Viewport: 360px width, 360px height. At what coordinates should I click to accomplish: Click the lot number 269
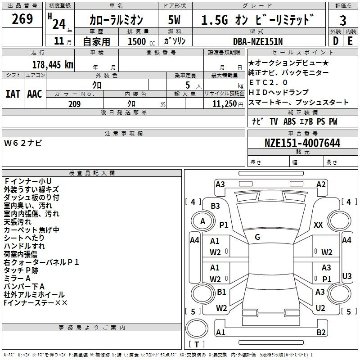[x=22, y=19]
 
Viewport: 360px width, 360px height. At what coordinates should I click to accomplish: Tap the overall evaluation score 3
[x=343, y=21]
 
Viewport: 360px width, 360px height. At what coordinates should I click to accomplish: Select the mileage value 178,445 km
[x=53, y=65]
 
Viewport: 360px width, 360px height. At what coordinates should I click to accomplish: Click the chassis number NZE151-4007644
[x=302, y=143]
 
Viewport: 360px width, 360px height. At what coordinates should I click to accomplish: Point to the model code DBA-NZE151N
[x=258, y=41]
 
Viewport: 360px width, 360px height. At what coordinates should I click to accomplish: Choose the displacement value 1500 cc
[x=141, y=41]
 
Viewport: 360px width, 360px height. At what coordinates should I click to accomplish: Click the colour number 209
[x=74, y=104]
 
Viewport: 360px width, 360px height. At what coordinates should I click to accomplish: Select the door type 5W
[x=174, y=20]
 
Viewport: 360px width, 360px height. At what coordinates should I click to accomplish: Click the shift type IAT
[x=13, y=94]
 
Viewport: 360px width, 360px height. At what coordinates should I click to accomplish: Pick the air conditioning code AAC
[x=35, y=94]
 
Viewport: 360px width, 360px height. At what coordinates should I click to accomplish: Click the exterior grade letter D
[x=336, y=41]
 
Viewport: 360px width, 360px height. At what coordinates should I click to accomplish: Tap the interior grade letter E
[x=350, y=41]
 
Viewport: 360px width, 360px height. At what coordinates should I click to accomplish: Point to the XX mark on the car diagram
[x=318, y=225]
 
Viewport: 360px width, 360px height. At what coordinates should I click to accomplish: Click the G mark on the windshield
[x=257, y=237]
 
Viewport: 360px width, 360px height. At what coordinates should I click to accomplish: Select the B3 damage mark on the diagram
[x=216, y=206]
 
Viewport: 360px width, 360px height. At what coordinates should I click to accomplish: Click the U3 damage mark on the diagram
[x=346, y=276]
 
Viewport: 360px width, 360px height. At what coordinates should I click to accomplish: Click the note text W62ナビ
[x=23, y=143]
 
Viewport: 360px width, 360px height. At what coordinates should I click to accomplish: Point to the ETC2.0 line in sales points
[x=268, y=82]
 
